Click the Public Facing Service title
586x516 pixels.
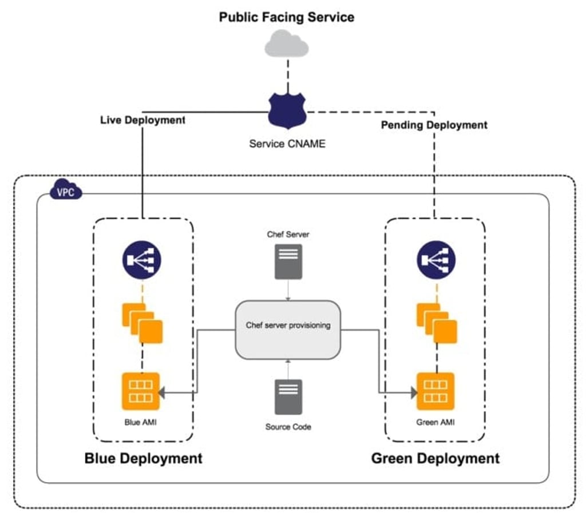[x=286, y=17]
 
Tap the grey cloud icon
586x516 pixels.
[x=286, y=45]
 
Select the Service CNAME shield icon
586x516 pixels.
[x=286, y=112]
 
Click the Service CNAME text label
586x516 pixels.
[x=287, y=144]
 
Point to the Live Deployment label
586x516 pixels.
[x=142, y=120]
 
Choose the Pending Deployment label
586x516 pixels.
[x=434, y=125]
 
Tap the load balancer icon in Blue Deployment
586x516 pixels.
[x=142, y=259]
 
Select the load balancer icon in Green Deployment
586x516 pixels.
[x=436, y=259]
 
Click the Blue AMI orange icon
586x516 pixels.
[x=141, y=391]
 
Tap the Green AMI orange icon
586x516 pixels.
[x=435, y=391]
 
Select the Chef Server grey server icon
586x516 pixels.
[x=288, y=261]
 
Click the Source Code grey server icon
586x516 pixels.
[x=288, y=397]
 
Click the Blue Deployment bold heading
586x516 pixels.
[x=143, y=458]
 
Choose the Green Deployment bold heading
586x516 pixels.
[x=435, y=458]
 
